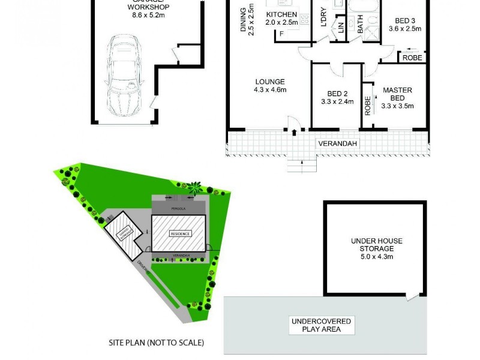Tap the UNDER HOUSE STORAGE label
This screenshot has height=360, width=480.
pos(377,245)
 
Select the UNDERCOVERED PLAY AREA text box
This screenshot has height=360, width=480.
pos(322,325)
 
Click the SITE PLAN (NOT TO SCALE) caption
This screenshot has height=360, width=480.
pos(157,343)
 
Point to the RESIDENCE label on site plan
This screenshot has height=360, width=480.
pos(179,233)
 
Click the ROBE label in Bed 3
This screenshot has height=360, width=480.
pos(412,58)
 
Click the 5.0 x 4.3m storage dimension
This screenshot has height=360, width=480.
pos(377,257)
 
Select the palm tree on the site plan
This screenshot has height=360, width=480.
pos(193,190)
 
